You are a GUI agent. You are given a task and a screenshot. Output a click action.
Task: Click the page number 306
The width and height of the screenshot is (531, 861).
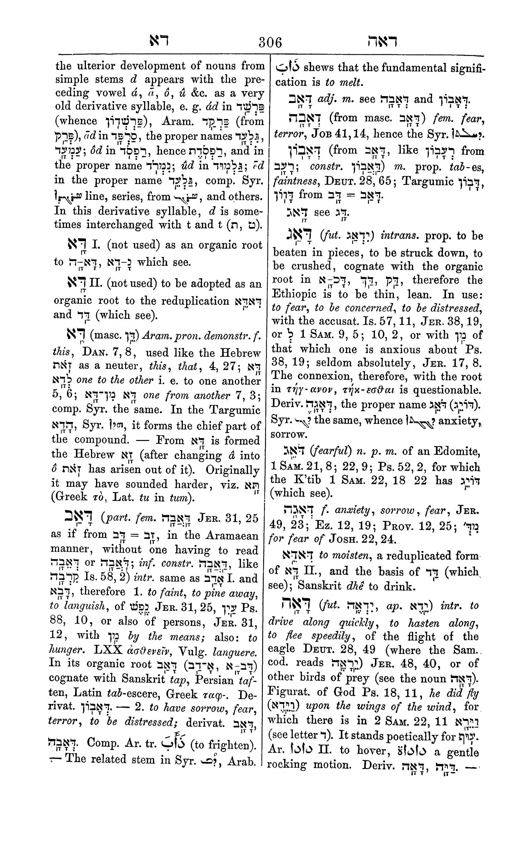click(x=270, y=43)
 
